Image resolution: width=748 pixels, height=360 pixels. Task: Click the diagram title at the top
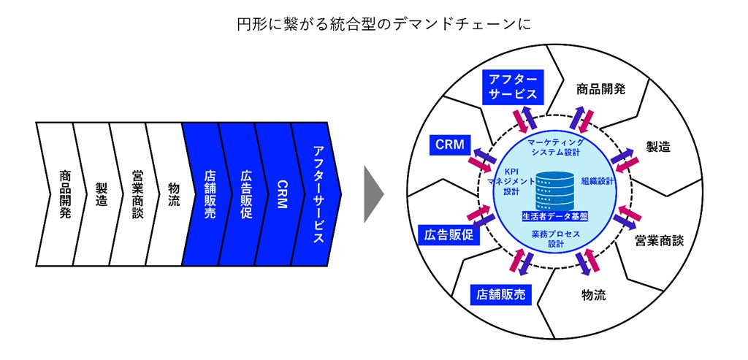click(x=373, y=24)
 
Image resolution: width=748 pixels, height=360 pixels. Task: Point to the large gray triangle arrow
click(x=373, y=194)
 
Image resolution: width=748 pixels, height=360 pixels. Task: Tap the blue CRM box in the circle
click(x=449, y=145)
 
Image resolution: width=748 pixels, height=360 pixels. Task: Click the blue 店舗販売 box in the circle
click(x=500, y=294)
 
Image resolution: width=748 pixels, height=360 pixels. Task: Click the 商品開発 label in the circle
click(x=601, y=89)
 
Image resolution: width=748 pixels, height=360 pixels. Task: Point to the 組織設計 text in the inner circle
click(x=598, y=180)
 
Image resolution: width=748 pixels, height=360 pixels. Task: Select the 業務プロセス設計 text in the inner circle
click(x=555, y=237)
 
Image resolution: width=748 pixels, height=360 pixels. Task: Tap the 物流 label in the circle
click(x=594, y=295)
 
